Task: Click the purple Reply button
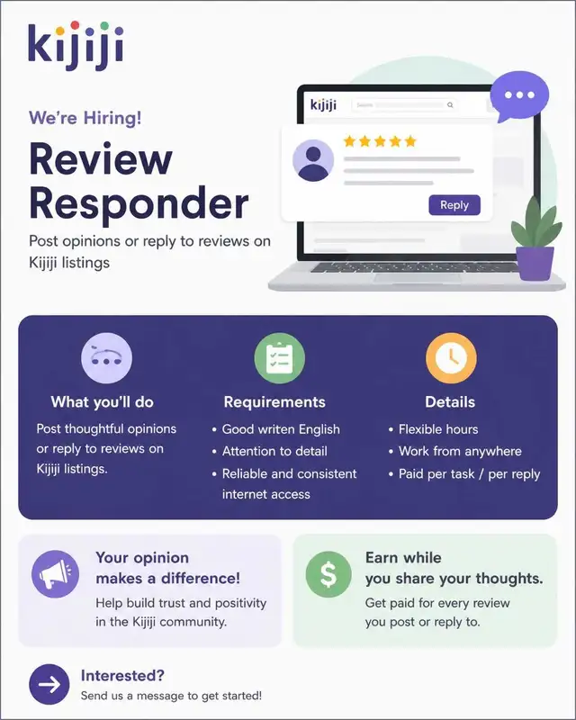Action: coord(454,205)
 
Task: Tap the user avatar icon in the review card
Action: coord(313,161)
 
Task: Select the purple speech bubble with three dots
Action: coord(518,96)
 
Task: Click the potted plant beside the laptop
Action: coord(536,238)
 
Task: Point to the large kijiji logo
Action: coord(76,46)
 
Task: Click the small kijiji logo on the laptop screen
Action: coord(323,104)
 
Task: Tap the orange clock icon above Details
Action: coord(451,357)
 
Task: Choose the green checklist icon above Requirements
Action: coord(280,357)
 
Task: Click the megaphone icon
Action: coord(55,574)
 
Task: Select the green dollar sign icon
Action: coord(328,574)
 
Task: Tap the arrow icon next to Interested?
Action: coord(49,684)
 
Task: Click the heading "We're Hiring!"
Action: coord(85,118)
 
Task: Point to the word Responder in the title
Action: coord(139,204)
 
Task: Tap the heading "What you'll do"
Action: coord(103,401)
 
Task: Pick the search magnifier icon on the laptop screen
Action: coord(450,105)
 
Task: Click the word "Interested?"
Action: coord(122,676)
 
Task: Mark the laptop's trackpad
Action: coord(418,278)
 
